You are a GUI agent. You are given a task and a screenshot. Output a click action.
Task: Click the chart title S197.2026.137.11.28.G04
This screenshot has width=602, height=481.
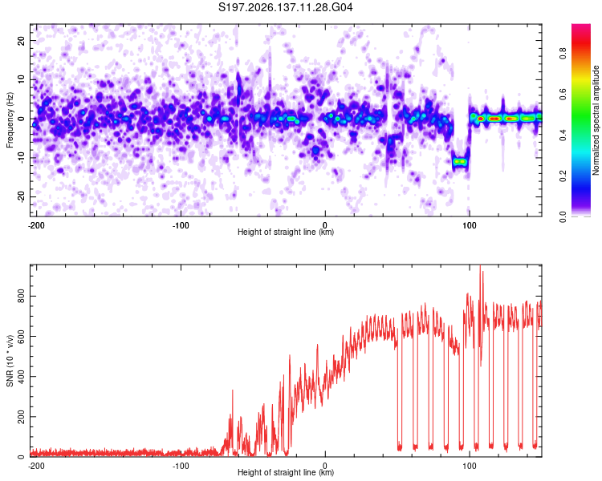(285, 7)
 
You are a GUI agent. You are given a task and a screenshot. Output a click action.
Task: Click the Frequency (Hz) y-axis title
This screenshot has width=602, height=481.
(10, 120)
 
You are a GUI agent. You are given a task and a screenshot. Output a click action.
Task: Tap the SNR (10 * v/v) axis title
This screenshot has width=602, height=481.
(10, 361)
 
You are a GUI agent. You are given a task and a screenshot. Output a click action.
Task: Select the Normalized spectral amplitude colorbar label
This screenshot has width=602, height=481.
(596, 120)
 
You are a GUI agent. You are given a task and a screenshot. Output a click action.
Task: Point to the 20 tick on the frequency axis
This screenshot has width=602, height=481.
(21, 40)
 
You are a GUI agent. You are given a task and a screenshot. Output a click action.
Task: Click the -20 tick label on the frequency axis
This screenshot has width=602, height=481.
(21, 196)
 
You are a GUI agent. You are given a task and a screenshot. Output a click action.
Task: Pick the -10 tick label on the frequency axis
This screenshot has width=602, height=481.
(21, 158)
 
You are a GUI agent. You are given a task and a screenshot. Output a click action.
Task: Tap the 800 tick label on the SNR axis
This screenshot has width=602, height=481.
(21, 296)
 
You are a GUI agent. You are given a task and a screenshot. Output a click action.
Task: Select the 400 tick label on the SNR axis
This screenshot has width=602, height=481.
(21, 376)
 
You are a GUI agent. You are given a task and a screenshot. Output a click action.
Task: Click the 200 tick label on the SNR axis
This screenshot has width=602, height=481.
(21, 417)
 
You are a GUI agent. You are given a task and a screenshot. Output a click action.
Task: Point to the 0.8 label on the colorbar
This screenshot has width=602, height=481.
(563, 53)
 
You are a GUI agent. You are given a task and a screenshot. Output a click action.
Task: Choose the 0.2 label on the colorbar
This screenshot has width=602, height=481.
(563, 176)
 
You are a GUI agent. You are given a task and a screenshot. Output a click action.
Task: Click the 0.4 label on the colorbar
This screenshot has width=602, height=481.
(563, 135)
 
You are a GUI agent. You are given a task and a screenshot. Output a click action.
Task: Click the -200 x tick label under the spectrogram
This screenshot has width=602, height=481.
(36, 225)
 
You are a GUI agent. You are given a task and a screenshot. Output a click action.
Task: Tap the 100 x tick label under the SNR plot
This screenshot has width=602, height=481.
(470, 466)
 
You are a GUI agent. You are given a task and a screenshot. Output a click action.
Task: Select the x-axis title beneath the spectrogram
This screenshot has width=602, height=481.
(286, 232)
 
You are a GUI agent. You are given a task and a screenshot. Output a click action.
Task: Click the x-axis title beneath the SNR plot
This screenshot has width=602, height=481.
(286, 472)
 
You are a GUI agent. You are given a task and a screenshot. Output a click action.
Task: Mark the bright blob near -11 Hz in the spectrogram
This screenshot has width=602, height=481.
(460, 162)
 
